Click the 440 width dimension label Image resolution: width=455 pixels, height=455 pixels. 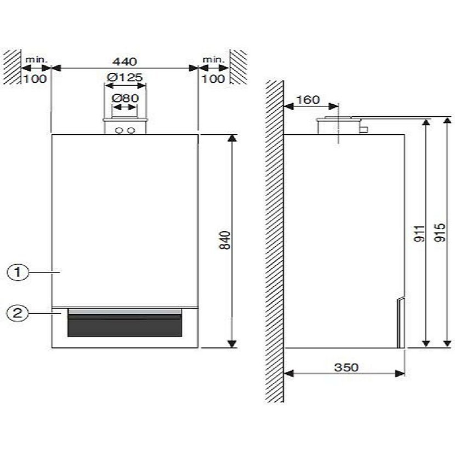[x=125, y=61]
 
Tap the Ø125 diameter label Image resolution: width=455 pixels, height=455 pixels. [x=125, y=77]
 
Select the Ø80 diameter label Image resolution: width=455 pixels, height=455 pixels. [x=126, y=98]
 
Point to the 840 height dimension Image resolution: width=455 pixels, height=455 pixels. [x=225, y=240]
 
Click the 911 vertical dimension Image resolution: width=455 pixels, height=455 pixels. [x=419, y=234]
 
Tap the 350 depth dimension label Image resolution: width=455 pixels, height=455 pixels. [x=346, y=367]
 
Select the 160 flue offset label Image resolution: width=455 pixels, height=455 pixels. [x=308, y=100]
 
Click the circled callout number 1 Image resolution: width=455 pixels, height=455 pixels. [x=18, y=272]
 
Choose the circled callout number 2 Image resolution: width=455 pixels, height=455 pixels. [x=18, y=313]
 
